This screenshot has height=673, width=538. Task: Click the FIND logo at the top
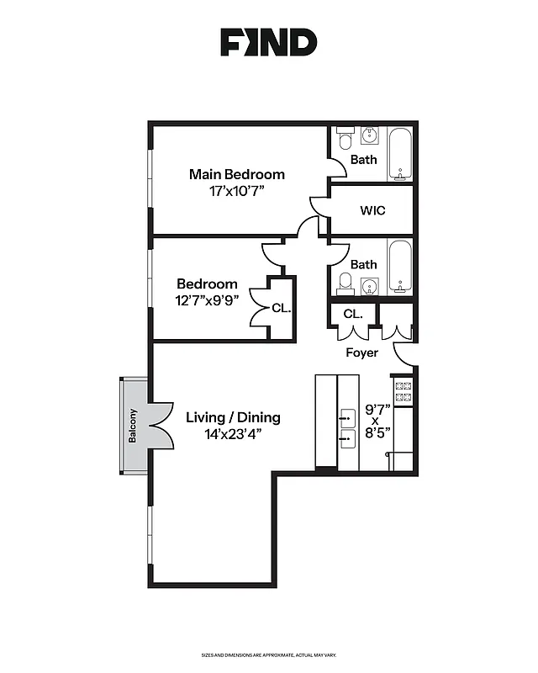pos(268,41)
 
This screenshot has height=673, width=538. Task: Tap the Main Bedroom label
pos(236,174)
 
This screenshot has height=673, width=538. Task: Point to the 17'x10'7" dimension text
pos(236,191)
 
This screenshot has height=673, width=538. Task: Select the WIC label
pos(372,210)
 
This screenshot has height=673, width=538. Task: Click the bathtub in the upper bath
pos(400,155)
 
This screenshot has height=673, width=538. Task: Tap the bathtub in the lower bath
pos(400,266)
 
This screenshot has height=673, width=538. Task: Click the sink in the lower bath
pos(370,285)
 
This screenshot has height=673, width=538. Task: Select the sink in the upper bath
pos(370,135)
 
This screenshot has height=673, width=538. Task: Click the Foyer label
pos(361,352)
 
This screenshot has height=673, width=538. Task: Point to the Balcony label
pos(133,427)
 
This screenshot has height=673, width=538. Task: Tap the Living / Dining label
pos(233,417)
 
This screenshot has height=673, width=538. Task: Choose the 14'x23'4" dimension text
pos(233,434)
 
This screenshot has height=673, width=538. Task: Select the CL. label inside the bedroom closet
pos(281,309)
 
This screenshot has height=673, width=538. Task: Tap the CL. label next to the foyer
pos(353,314)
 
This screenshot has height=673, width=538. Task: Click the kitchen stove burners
pos(403,390)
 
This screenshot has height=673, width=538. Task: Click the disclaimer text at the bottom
pos(268,654)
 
